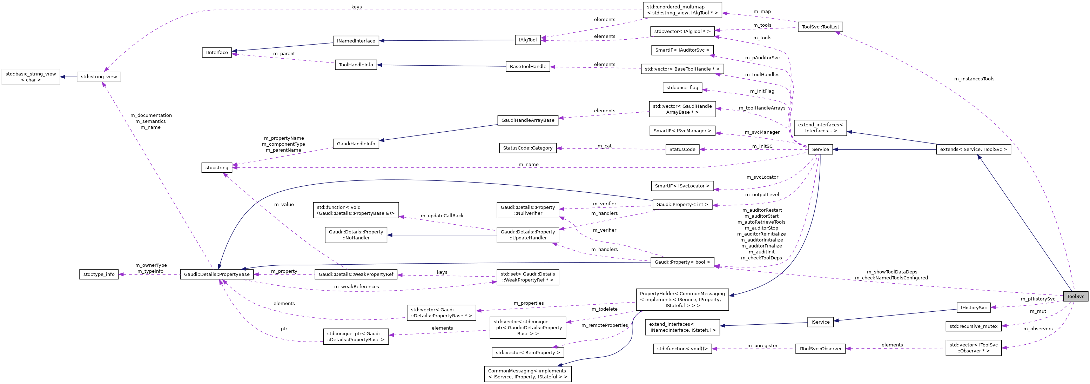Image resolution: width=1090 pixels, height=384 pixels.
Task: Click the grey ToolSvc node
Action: (x=1075, y=296)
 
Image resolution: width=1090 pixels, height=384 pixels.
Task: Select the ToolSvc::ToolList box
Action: (x=820, y=27)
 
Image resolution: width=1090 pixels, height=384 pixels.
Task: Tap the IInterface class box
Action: (x=217, y=53)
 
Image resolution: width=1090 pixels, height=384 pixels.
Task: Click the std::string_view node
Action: (x=99, y=77)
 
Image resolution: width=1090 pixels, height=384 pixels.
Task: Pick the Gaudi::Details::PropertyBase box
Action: (x=217, y=274)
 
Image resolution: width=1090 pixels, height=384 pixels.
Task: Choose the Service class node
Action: (x=820, y=150)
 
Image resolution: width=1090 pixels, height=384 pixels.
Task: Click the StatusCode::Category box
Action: (x=528, y=148)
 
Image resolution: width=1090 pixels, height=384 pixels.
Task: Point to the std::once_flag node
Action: (x=682, y=88)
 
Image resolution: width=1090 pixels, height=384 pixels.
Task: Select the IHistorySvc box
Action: (x=973, y=308)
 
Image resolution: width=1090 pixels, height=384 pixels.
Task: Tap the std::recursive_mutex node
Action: (x=973, y=326)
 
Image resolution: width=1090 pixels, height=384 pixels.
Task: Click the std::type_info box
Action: (x=99, y=274)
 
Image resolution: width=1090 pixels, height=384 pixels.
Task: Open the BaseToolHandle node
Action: (x=528, y=66)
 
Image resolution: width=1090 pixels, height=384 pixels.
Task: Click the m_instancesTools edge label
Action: (x=974, y=79)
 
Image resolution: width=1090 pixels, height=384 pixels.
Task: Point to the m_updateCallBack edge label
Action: (x=442, y=216)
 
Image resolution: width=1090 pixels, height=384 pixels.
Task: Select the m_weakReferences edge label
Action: (x=356, y=287)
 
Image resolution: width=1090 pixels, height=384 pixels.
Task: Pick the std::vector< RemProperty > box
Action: (x=528, y=353)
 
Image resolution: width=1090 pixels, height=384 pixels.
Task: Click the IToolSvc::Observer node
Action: (x=820, y=349)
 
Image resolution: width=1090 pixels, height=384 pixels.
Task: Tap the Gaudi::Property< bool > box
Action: (x=682, y=262)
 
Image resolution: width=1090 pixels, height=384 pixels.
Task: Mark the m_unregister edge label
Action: (x=762, y=346)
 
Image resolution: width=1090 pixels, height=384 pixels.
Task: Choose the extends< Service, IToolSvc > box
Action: (x=973, y=150)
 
